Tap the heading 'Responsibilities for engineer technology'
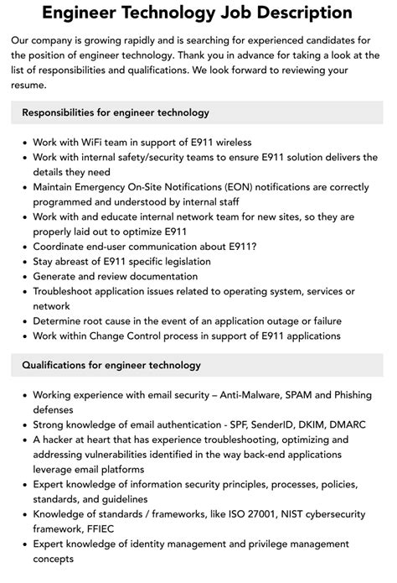point(116,112)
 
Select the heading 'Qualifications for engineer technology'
point(111,365)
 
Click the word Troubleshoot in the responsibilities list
point(68,290)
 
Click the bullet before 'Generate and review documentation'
point(24,276)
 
